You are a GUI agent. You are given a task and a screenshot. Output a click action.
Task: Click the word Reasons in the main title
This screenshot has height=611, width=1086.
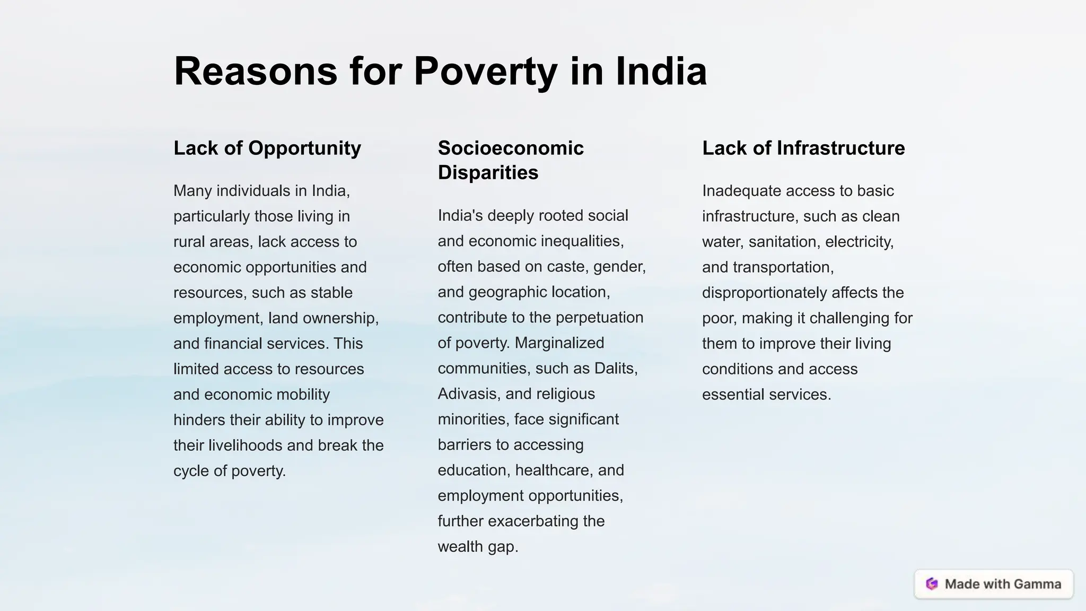coord(256,71)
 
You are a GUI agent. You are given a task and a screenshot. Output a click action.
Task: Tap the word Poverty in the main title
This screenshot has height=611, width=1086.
coord(485,71)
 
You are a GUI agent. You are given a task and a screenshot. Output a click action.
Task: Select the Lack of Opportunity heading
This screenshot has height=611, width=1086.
coord(267,148)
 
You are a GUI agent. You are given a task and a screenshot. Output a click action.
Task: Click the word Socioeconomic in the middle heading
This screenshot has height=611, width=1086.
coord(511,148)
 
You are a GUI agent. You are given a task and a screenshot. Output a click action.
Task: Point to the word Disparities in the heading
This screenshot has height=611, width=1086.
coord(488,172)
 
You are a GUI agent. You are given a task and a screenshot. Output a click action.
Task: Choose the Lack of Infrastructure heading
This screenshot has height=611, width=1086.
coord(803,148)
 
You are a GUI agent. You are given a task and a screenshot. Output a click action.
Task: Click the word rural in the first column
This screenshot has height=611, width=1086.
coord(189,242)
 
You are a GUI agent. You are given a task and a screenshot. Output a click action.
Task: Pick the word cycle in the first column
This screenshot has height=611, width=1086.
coord(191,471)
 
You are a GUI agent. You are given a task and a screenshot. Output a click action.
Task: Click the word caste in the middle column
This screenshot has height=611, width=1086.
coord(567,267)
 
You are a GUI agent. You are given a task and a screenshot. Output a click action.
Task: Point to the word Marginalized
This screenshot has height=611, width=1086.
coord(559,343)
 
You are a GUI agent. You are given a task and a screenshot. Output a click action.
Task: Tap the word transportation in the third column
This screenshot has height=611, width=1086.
coord(783,267)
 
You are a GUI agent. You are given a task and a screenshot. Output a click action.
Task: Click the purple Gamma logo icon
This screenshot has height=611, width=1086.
coord(932,584)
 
